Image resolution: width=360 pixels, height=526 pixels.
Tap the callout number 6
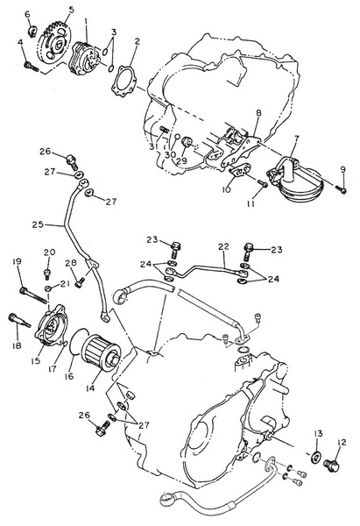[27, 14]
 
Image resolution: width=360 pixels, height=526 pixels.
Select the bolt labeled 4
[31, 67]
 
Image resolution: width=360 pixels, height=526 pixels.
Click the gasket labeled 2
[124, 82]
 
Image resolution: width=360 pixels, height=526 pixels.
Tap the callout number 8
[258, 113]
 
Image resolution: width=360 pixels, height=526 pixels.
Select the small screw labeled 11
[263, 183]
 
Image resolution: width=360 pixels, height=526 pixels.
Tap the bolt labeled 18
[18, 320]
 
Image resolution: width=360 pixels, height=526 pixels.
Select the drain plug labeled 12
[332, 466]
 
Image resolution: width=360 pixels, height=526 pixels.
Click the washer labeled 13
[315, 457]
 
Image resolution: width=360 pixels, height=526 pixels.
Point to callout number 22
[223, 247]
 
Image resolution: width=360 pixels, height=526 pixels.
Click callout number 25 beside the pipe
[38, 224]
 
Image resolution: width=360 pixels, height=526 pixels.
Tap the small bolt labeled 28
[79, 284]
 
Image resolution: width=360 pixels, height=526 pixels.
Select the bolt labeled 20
[47, 274]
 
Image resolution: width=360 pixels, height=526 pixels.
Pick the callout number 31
[153, 146]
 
